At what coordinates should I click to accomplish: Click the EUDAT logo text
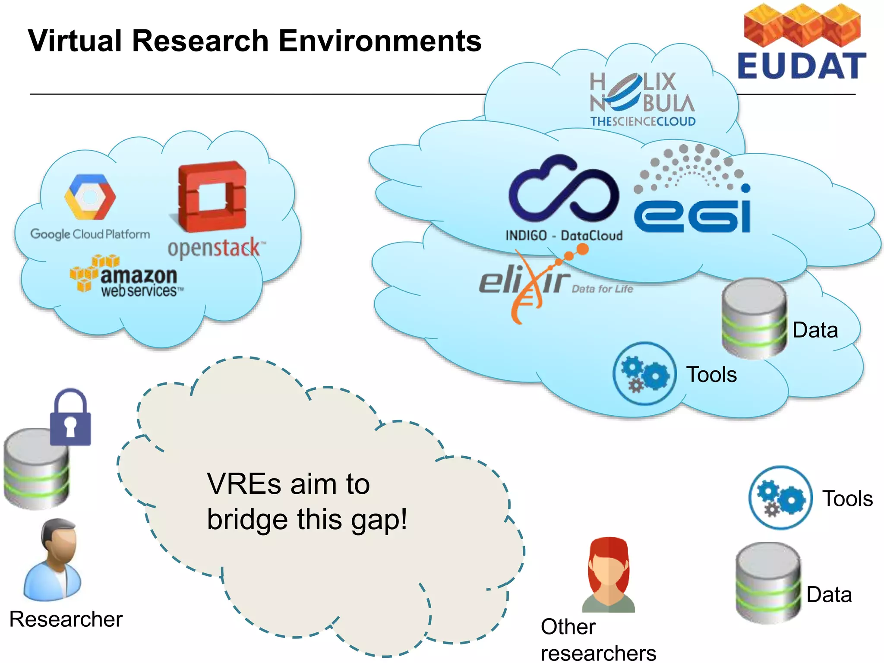coord(802,66)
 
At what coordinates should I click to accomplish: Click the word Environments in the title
coord(380,41)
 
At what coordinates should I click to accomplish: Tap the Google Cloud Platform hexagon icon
coord(90,197)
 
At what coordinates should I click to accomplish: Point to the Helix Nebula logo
coord(642,99)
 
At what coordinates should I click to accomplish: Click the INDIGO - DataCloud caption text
coord(564,236)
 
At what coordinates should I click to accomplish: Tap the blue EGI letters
coord(692,216)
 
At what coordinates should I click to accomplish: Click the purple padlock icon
coord(70,418)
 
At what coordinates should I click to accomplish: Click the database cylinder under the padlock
coord(36,470)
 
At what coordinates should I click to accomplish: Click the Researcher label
coord(66,619)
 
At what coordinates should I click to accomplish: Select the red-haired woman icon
coord(609,574)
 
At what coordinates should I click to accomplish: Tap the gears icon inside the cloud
coord(644,374)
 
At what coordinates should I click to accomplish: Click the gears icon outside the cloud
coord(780,498)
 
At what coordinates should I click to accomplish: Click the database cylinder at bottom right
coord(768,583)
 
